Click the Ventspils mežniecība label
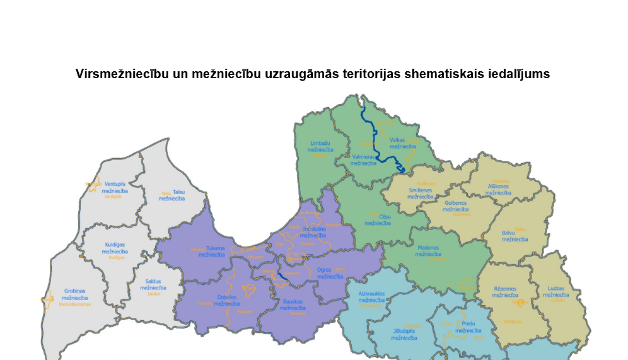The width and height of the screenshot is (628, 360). click(x=115, y=188)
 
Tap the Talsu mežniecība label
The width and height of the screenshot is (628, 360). click(x=172, y=195)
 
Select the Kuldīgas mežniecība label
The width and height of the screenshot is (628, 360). click(x=115, y=248)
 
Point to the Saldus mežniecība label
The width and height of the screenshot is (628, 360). click(x=153, y=285)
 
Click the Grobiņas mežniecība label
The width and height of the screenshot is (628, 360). click(x=75, y=294)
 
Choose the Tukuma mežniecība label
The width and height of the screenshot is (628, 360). click(x=212, y=251)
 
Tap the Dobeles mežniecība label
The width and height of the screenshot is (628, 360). click(x=227, y=301)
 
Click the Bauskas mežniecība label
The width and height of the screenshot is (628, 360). click(x=293, y=305)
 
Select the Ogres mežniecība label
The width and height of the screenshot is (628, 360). click(x=330, y=273)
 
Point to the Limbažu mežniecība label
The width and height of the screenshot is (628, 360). click(x=320, y=147)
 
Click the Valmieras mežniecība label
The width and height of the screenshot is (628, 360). click(x=363, y=160)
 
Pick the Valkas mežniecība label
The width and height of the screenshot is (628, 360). click(x=402, y=143)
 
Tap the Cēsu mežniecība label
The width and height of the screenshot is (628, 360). click(x=378, y=220)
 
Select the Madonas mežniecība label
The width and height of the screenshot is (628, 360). click(x=428, y=251)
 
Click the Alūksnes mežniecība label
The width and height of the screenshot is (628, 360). click(x=498, y=190)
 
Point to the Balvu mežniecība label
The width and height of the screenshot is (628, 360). click(x=515, y=236)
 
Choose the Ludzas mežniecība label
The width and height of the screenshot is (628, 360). click(x=556, y=291)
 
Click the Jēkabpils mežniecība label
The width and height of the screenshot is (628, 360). click(x=404, y=334)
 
